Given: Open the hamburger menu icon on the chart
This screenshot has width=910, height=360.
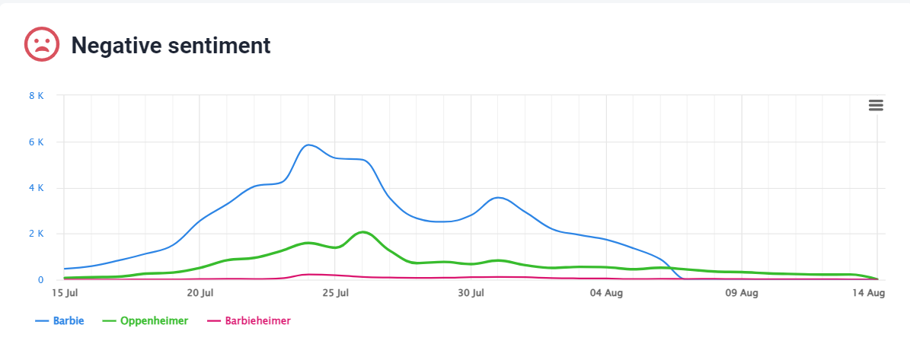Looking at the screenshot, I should tap(876, 106).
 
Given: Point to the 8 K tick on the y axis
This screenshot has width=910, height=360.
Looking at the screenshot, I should tap(36, 95).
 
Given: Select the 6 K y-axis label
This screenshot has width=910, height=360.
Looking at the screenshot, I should tap(36, 142).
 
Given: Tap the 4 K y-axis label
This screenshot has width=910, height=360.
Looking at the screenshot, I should tap(36, 188).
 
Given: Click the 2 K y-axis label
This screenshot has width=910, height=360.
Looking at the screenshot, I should tap(36, 234).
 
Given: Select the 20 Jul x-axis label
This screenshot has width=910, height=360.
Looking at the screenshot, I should tap(200, 293).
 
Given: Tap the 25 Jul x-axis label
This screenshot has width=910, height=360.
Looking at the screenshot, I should tap(335, 293).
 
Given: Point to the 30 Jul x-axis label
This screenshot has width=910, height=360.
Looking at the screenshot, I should tap(471, 293).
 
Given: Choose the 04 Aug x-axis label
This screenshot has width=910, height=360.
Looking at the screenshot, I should tap(606, 293).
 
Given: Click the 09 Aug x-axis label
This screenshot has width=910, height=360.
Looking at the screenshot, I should tap(742, 293).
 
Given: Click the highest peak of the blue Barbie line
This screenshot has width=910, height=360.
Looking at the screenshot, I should tap(308, 145).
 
